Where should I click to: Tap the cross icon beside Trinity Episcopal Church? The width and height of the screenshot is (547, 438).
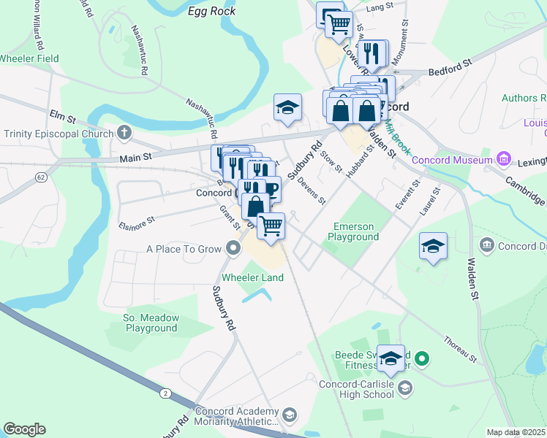(124, 134)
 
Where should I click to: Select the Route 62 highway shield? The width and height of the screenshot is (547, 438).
(41, 177)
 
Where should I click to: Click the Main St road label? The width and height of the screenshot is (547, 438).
(134, 157)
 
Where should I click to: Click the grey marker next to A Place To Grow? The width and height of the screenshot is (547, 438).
(233, 250)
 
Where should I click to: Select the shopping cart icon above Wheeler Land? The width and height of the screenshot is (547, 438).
(271, 226)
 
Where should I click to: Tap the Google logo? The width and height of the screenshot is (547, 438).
(24, 429)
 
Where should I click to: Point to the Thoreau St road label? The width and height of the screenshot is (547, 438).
(460, 350)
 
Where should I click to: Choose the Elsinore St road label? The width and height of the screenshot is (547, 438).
(137, 222)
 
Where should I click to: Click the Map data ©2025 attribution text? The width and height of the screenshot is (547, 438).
(516, 432)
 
